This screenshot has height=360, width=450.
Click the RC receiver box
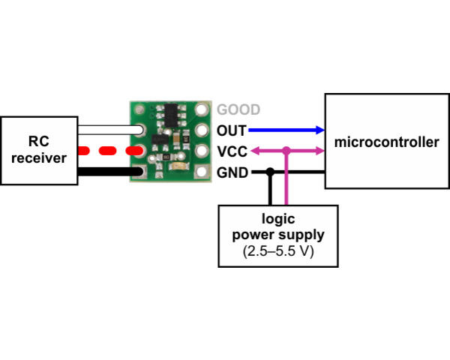tap(39, 150)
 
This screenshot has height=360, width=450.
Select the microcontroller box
tap(386, 142)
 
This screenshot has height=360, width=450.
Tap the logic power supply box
tap(278, 235)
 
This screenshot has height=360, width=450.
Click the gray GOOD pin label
tap(238, 109)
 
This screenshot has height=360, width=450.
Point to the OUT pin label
tap(231, 130)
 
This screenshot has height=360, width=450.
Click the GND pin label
tap(232, 172)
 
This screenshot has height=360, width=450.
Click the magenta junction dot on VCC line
tap(286, 151)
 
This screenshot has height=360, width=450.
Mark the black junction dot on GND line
tap(269, 172)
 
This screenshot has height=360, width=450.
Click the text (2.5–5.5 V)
tap(278, 252)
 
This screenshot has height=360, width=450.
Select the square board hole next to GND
tap(201, 172)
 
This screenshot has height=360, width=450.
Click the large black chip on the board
tap(172, 114)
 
